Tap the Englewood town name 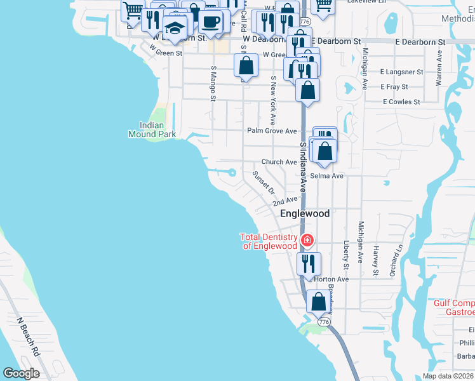pos(305,213)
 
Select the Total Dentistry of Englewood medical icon pos(307,240)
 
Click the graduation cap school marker pos(175,27)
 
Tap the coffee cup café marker pos(211,22)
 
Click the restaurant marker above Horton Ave pos(309,264)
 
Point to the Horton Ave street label pos(331,279)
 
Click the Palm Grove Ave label pos(272,131)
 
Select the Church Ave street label pos(279,162)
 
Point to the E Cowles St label pos(401,102)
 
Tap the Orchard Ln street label pos(398,253)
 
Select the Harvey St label pos(376,260)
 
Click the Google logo pos(22,373)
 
